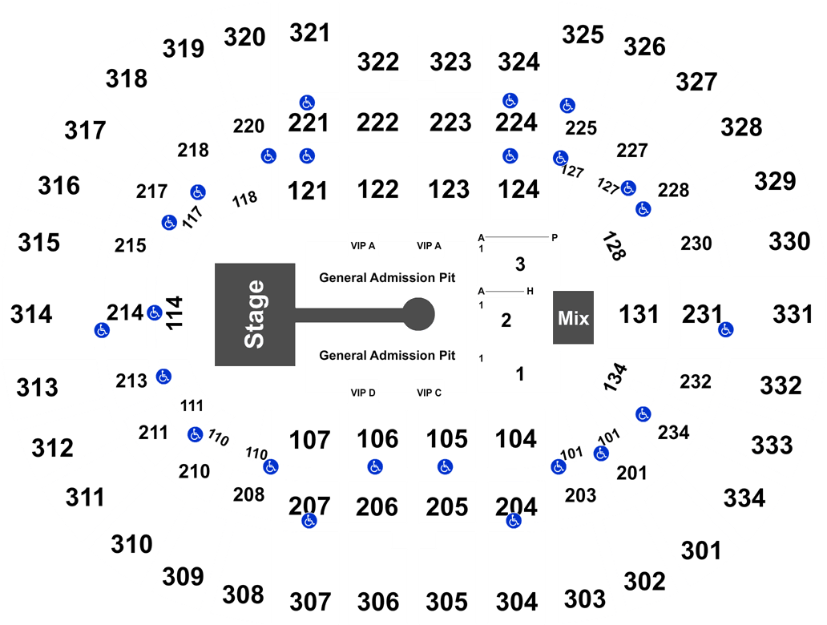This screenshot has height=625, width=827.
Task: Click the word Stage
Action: [255, 314]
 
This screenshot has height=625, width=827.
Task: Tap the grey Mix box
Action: [573, 318]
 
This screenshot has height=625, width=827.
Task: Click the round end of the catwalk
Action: [419, 313]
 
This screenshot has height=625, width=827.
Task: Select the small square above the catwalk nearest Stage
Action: [363, 244]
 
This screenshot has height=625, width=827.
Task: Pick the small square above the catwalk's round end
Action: [428, 244]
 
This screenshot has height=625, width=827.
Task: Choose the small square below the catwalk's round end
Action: [428, 391]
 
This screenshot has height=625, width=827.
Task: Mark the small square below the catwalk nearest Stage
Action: [363, 391]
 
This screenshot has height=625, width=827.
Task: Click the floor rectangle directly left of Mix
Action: [506, 319]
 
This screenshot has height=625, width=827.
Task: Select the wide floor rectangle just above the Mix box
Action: [518, 264]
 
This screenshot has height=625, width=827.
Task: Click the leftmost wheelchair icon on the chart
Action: [102, 329]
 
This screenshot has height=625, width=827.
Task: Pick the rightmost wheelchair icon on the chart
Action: [725, 329]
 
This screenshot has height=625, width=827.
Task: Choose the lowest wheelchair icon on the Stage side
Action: [309, 521]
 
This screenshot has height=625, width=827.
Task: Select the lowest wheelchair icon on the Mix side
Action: [514, 521]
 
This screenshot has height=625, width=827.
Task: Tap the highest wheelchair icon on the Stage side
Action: [307, 103]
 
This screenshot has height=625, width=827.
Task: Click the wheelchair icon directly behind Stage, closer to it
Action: [155, 312]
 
